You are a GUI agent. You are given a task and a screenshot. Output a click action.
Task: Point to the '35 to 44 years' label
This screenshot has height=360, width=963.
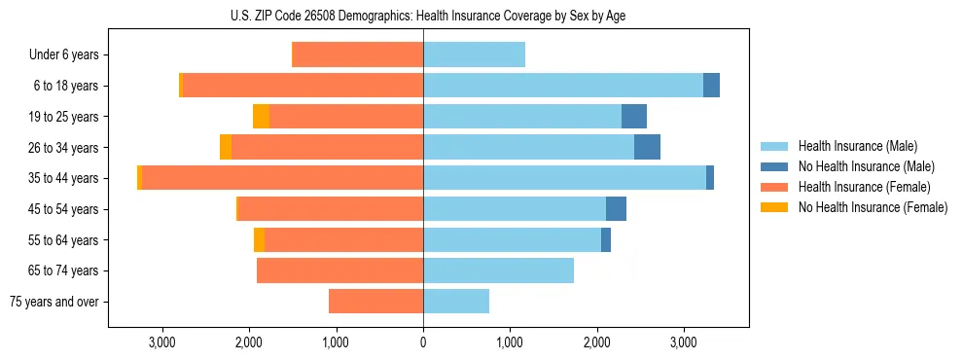coord(63,178)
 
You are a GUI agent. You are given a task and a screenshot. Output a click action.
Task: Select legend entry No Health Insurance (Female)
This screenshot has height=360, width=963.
coord(873,207)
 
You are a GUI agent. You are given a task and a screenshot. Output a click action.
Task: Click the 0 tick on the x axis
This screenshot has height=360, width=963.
coord(423,342)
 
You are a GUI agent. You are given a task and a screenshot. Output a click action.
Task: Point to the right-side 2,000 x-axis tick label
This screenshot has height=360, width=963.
coord(597,342)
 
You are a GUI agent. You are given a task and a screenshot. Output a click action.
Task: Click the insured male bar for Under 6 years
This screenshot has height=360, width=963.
coord(474,54)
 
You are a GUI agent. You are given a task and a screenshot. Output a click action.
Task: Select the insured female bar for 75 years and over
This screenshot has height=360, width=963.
coord(375,302)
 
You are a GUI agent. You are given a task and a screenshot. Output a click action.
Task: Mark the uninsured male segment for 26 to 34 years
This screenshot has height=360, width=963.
coord(647,147)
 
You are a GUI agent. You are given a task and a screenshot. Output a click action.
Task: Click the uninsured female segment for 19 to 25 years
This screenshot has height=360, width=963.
coord(261,117)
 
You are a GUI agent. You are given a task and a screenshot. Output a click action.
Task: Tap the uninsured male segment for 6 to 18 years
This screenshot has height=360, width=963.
coord(711,86)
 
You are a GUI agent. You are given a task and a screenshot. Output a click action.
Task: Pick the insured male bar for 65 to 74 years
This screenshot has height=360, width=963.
coord(498,270)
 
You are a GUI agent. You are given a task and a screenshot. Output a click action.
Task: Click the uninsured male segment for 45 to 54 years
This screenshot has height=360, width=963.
coord(616,209)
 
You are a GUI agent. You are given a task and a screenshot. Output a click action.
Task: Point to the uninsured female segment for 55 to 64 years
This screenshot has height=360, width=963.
coord(259,239)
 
